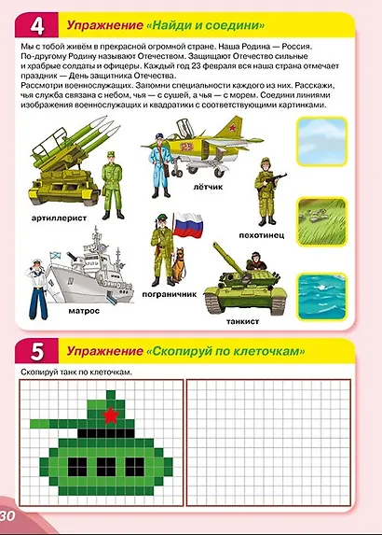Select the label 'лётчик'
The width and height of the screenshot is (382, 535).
click(x=206, y=188)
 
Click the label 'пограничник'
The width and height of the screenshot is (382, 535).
click(x=169, y=292)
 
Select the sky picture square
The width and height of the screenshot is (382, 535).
click(x=321, y=148)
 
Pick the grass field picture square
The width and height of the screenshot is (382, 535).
click(x=321, y=220)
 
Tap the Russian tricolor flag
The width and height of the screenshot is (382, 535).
click(x=191, y=225)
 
